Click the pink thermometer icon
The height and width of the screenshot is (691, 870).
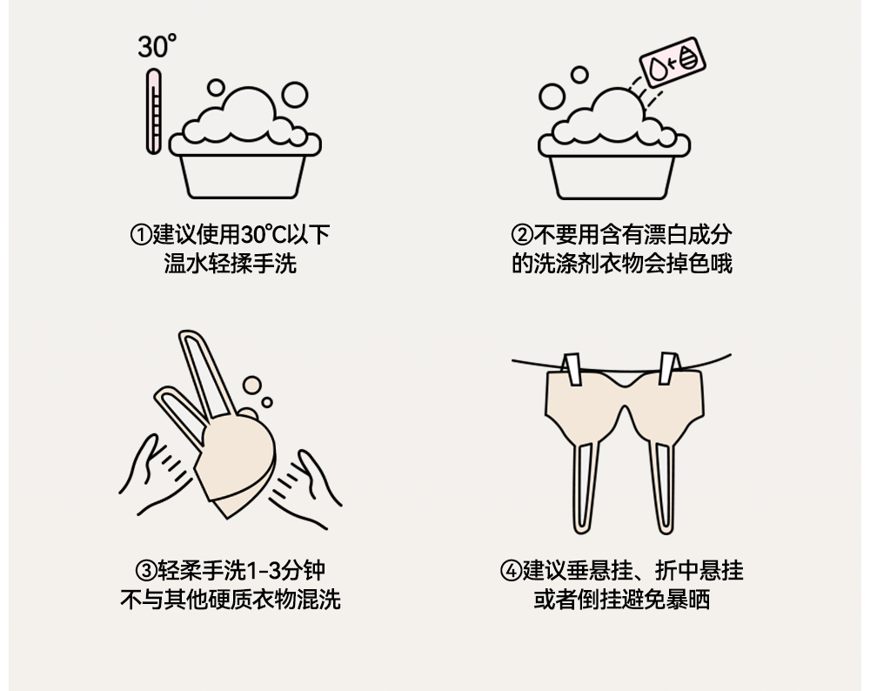(154, 111)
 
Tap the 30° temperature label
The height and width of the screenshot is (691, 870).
(157, 46)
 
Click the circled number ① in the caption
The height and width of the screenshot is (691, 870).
(141, 235)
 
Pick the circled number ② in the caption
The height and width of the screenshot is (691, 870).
(521, 235)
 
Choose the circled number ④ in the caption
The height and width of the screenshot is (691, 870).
(511, 572)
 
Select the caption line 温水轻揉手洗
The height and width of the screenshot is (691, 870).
(231, 263)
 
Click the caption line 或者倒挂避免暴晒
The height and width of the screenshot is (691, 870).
(621, 600)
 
